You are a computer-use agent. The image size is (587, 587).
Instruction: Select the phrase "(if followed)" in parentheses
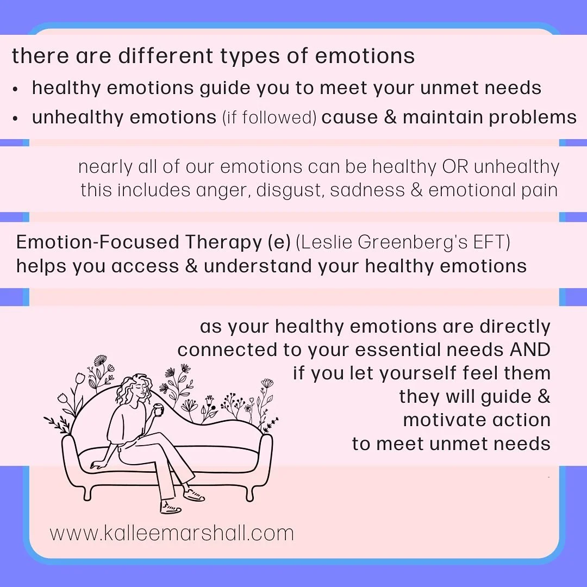pyautogui.click(x=270, y=117)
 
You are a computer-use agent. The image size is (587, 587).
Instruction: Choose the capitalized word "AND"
pyautogui.click(x=530, y=349)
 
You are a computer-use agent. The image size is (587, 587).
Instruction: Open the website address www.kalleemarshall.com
pyautogui.click(x=172, y=533)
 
